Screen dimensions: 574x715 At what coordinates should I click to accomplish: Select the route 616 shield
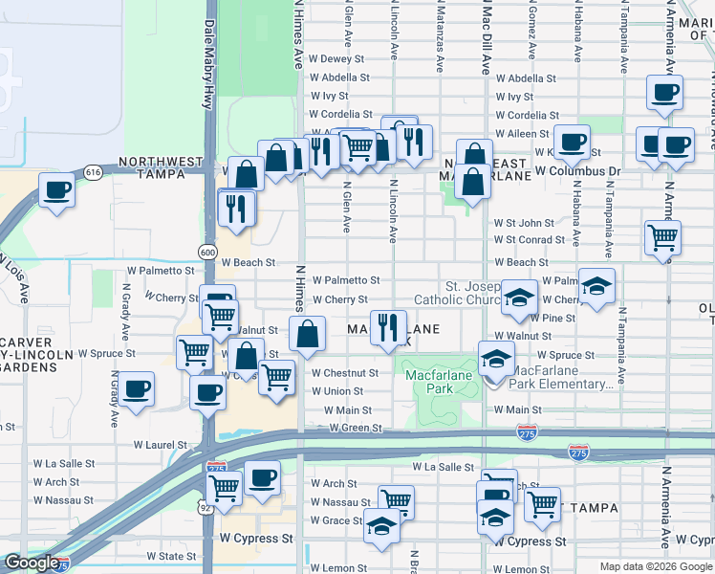click(x=93, y=172)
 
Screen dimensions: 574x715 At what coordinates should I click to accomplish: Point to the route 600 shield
click(x=207, y=251)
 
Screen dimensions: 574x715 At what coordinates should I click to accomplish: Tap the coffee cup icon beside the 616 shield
click(x=57, y=188)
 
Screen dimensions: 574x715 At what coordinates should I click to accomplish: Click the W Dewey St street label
click(x=337, y=59)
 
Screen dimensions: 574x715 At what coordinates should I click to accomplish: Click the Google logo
click(x=32, y=563)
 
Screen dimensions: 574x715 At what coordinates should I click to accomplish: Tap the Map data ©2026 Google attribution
click(x=656, y=566)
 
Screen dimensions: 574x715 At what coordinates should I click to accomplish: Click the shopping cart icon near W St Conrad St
click(x=661, y=237)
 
